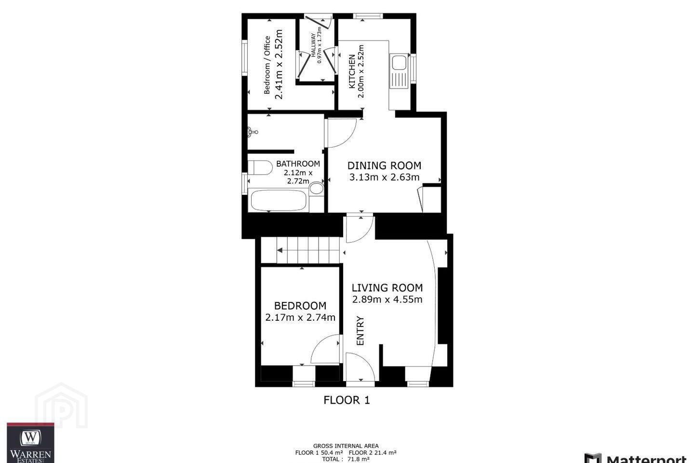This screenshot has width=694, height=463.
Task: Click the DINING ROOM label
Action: click(x=384, y=165)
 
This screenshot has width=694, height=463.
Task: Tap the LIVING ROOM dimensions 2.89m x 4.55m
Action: click(x=387, y=299)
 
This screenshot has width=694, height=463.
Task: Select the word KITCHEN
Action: click(x=352, y=71)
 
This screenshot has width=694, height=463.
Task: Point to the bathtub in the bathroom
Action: click(x=279, y=200)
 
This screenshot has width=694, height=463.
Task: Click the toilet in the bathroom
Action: click(x=260, y=167)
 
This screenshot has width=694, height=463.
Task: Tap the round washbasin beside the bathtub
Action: click(x=316, y=188)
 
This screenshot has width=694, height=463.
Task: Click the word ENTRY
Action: click(x=360, y=330)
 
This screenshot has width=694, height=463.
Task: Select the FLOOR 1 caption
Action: click(x=347, y=400)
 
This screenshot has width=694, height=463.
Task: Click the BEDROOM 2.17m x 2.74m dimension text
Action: click(x=300, y=317)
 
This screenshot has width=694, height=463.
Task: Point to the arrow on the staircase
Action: click(x=280, y=250)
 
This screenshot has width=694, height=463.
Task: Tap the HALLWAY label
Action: click(x=313, y=45)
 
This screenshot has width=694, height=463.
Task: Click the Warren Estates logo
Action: click(x=30, y=443)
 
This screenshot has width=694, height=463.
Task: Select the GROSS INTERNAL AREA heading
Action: click(x=346, y=446)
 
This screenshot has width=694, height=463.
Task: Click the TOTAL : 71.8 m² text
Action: click(x=346, y=459)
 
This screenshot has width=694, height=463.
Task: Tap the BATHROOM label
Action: click(x=298, y=163)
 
